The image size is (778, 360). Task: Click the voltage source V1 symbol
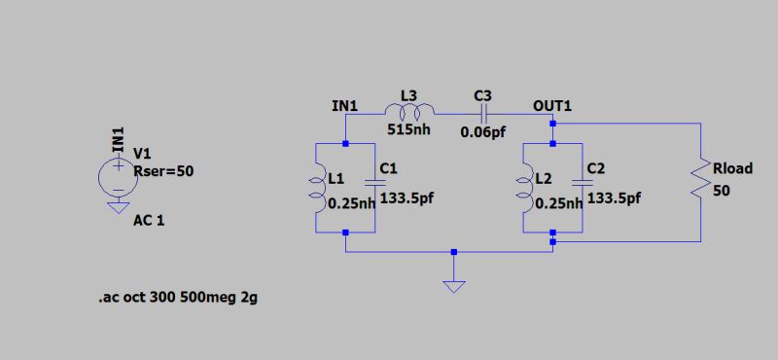(117, 176)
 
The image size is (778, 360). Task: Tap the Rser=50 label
(163, 171)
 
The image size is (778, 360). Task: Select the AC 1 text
(149, 220)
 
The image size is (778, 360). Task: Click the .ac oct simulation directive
(178, 298)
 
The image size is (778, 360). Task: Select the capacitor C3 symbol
(484, 114)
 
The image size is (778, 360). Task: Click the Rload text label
(732, 168)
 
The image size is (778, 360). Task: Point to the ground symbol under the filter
(453, 286)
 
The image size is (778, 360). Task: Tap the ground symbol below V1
(117, 205)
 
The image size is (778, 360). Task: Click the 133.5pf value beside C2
(615, 198)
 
